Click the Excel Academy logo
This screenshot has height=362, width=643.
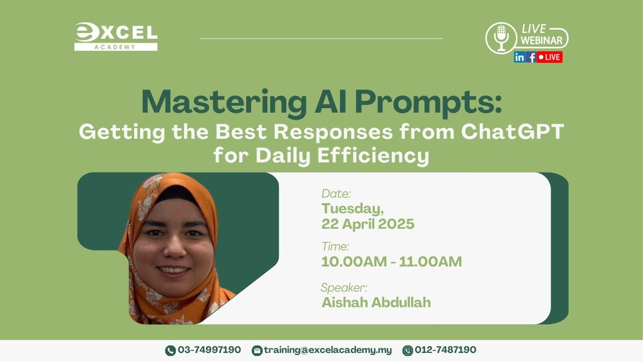(116, 37)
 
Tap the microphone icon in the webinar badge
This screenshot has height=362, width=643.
(501, 38)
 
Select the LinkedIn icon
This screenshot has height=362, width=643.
(519, 57)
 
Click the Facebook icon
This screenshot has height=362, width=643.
(531, 57)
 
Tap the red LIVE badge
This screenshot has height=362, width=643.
(550, 57)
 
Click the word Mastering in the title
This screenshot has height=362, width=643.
(221, 103)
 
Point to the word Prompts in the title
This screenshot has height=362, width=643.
(428, 103)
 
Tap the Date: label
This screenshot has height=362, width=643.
(336, 194)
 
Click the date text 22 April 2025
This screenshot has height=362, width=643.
(368, 224)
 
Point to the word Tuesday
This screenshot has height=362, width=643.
(353, 208)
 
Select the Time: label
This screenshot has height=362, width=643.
(335, 247)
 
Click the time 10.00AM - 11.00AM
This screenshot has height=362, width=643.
(391, 262)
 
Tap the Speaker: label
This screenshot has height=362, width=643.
(344, 288)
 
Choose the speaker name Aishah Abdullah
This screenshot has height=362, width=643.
(376, 303)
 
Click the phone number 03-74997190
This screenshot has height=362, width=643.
(209, 350)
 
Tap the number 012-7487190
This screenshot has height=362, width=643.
(445, 350)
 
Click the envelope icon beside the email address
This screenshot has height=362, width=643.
(257, 350)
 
